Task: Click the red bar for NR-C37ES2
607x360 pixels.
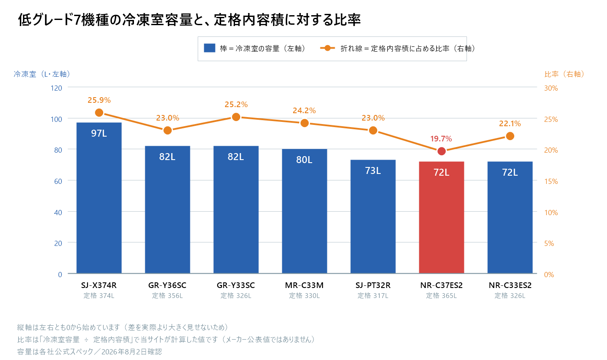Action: point(441,217)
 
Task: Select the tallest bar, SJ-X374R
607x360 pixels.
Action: point(99,198)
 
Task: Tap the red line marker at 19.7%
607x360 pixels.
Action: point(441,151)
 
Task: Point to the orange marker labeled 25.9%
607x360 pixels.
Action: point(99,112)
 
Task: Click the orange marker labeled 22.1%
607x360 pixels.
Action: point(510,136)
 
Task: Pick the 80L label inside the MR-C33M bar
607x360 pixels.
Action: point(304,160)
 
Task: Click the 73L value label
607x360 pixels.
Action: point(373,171)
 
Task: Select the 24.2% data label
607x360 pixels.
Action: point(304,111)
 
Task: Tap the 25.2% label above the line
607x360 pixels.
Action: point(236,105)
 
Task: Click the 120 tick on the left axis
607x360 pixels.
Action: point(56,88)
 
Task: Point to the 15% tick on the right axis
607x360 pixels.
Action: point(551,181)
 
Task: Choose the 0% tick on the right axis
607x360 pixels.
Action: point(549,275)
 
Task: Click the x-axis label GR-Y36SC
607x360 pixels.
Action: point(167,285)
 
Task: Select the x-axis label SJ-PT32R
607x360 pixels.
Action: point(373,285)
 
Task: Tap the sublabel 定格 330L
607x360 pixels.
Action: point(304,296)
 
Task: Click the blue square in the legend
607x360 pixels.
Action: point(209,48)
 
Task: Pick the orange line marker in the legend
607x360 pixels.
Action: point(328,48)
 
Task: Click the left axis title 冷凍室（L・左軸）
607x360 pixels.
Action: point(42,74)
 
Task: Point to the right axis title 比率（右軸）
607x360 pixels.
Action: point(564,74)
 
